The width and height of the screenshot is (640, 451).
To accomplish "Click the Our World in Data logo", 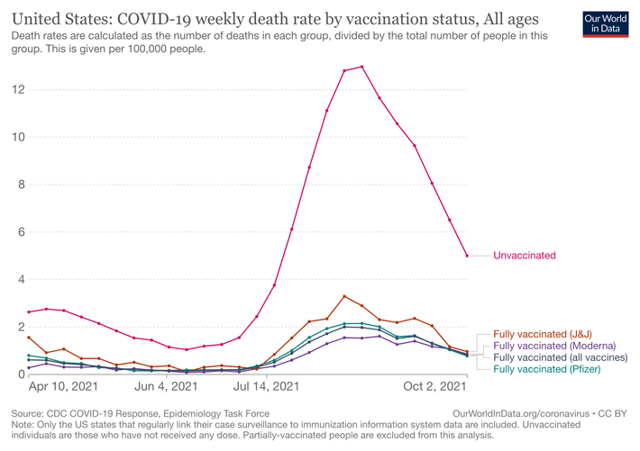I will click(x=605, y=23).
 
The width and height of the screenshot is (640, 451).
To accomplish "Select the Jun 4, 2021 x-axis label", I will click(x=167, y=387).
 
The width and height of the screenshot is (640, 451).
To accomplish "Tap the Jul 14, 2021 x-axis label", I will click(x=268, y=387).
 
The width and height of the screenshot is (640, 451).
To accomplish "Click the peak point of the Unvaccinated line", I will click(x=361, y=67).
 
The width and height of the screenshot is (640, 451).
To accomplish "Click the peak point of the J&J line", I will click(x=344, y=296).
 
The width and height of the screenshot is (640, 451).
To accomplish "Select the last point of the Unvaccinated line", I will click(x=467, y=256).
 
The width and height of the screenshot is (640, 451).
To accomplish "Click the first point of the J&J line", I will click(x=29, y=338).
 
